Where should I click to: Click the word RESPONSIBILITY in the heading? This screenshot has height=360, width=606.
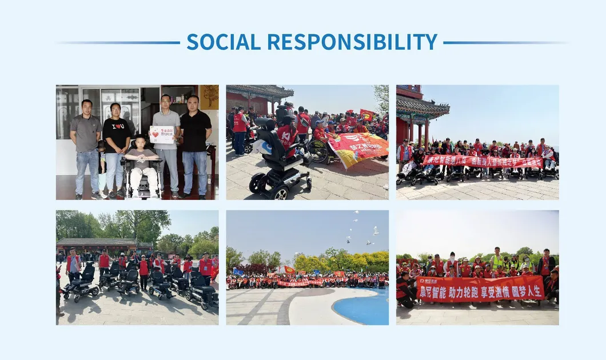[352, 42]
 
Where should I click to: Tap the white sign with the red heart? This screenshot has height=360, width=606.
[161, 134]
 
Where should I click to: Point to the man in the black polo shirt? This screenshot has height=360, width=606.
[195, 143]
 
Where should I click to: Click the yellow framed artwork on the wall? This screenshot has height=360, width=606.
[209, 97]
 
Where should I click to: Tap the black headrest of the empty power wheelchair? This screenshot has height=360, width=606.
[265, 124]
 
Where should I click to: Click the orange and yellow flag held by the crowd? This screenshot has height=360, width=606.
[358, 149]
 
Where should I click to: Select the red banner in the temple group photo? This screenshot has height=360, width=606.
[482, 161]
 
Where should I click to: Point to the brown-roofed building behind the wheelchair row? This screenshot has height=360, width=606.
[97, 245]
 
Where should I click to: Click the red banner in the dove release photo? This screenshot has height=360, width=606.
[300, 282]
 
